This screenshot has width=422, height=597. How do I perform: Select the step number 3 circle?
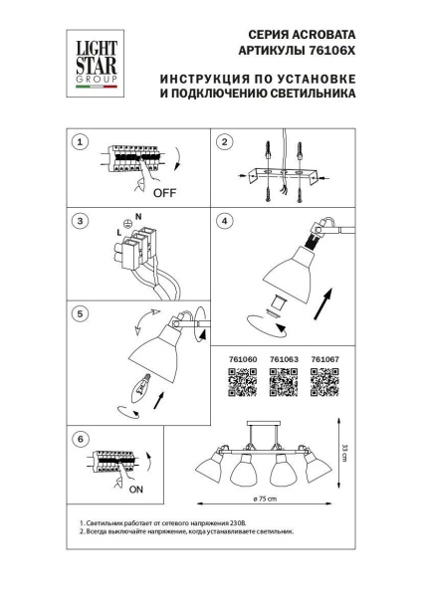point(84,220)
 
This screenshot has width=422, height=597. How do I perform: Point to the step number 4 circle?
point(226,220)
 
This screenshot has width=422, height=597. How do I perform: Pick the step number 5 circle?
point(84,312)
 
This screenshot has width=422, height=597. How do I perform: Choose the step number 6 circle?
point(84,437)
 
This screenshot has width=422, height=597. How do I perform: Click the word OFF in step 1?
point(165,194)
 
